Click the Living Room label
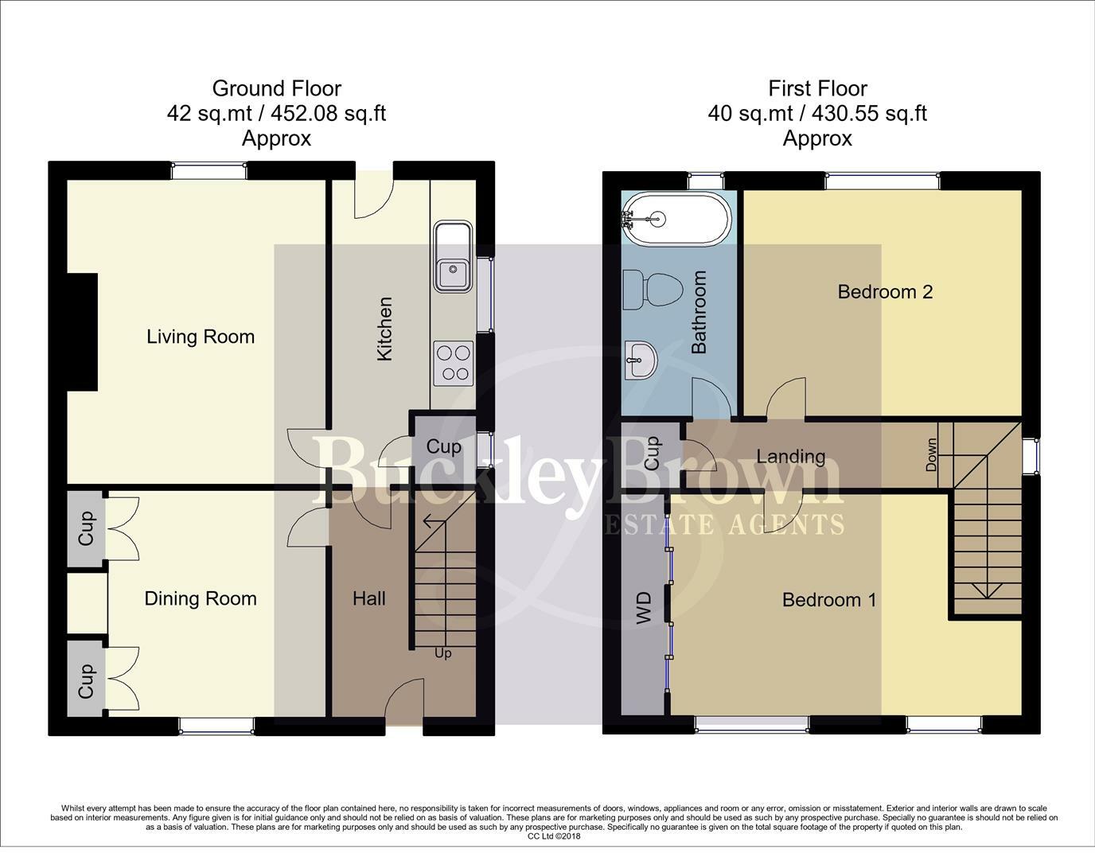(x=201, y=337)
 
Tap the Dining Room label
(x=201, y=598)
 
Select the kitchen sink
(x=453, y=258)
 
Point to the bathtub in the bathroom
(x=676, y=217)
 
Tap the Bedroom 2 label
(x=885, y=292)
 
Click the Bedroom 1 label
(x=829, y=600)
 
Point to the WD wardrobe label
(x=644, y=607)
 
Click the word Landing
(x=790, y=456)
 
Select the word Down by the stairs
(x=931, y=456)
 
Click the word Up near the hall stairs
(x=443, y=653)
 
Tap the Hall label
(x=369, y=598)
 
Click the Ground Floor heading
(x=276, y=88)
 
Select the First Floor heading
(x=817, y=88)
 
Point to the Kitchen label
(x=385, y=329)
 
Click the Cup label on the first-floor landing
(x=652, y=452)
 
